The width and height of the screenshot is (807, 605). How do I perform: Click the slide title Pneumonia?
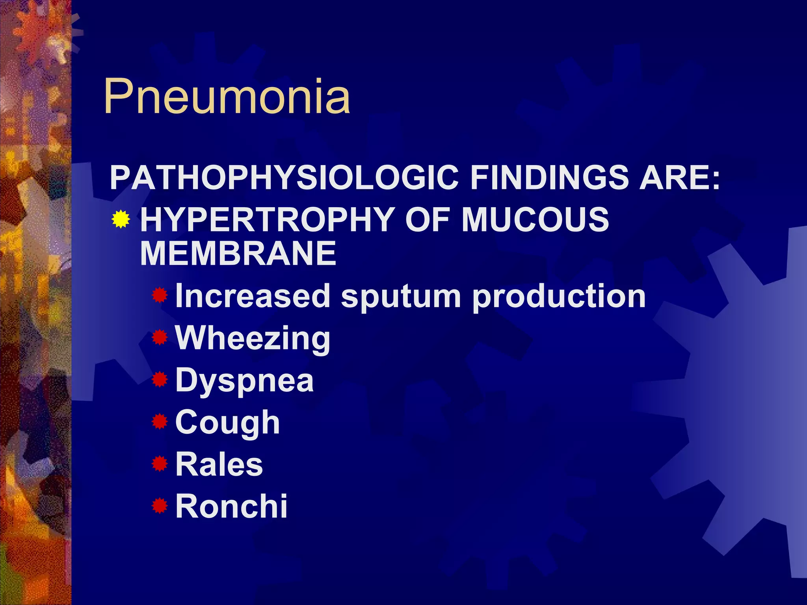pyautogui.click(x=227, y=97)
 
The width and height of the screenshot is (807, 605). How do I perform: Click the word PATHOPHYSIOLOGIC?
pyautogui.click(x=284, y=178)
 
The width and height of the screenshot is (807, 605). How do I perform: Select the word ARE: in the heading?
pyautogui.click(x=680, y=178)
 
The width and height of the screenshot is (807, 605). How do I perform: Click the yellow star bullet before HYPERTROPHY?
pyautogui.click(x=121, y=219)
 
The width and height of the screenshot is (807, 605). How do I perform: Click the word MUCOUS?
pyautogui.click(x=535, y=219)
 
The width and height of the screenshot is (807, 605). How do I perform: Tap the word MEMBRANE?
pyautogui.click(x=238, y=254)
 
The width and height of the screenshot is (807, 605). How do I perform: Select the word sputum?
pyautogui.click(x=401, y=296)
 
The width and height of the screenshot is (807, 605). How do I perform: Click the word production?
pyautogui.click(x=559, y=296)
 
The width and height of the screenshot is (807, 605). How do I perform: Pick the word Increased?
pyautogui.click(x=253, y=296)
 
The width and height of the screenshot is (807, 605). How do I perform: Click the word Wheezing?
pyautogui.click(x=253, y=338)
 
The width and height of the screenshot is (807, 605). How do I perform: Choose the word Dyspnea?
pyautogui.click(x=244, y=380)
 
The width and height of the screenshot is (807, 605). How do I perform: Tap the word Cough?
pyautogui.click(x=227, y=423)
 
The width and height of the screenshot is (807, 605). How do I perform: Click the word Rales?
pyautogui.click(x=219, y=464)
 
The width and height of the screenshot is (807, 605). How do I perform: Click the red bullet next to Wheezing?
pyautogui.click(x=160, y=338)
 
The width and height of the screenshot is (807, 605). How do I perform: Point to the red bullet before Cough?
pyautogui.click(x=160, y=421)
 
